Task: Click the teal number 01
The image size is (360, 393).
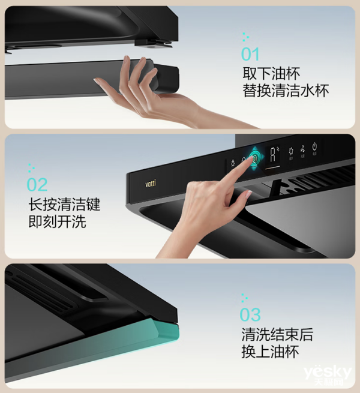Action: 250,54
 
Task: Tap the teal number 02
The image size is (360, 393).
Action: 37,185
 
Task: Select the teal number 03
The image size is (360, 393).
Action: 250,315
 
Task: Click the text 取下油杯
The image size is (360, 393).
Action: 271,73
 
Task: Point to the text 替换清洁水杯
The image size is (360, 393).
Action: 286,91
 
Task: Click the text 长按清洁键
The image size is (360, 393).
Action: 64,205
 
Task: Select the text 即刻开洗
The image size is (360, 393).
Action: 57,221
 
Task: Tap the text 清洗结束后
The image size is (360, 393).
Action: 277,334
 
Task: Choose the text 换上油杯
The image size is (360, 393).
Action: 270,352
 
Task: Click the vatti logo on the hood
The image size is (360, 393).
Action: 151,184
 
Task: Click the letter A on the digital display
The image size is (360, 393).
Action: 272,155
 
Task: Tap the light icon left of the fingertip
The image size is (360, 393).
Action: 233,163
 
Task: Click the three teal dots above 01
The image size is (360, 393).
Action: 245,37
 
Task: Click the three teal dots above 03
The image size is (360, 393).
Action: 244,298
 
